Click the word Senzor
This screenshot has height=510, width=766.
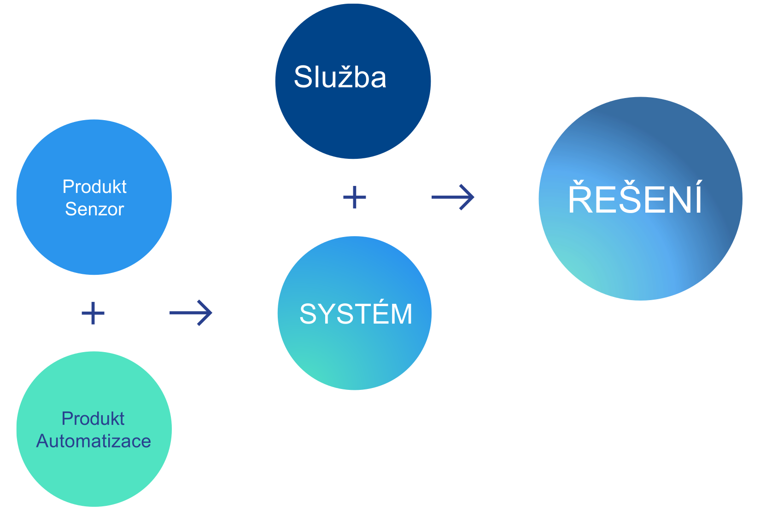coord(94,209)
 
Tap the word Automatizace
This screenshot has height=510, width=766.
coord(94,441)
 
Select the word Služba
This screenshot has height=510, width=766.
coord(340,77)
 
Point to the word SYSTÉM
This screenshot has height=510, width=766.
coord(356,314)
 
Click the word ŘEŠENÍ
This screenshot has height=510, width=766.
coord(635,199)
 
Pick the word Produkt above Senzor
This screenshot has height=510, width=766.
coord(94,187)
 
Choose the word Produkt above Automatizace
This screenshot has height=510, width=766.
coord(93,419)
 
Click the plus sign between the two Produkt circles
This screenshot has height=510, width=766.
coord(93,313)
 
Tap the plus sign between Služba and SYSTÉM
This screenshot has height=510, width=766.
coord(355,197)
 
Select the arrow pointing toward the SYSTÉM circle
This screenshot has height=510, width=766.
coord(191,313)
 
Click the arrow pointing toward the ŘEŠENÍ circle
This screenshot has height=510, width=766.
coord(453,197)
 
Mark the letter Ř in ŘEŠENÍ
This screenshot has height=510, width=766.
coord(581,198)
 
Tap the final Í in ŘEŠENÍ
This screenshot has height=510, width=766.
coord(698,198)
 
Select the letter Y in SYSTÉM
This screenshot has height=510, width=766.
coord(328,314)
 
